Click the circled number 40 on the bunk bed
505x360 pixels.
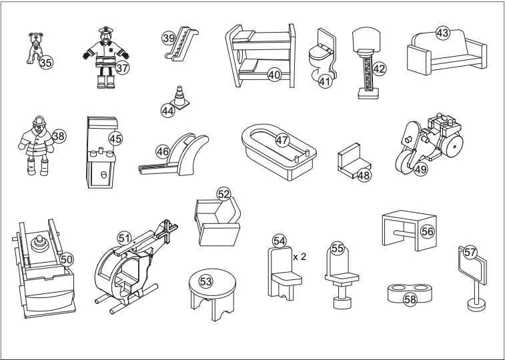(274, 75)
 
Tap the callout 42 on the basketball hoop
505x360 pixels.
(379, 68)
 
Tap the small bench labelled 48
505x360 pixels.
(352, 165)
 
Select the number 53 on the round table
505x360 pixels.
(207, 282)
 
